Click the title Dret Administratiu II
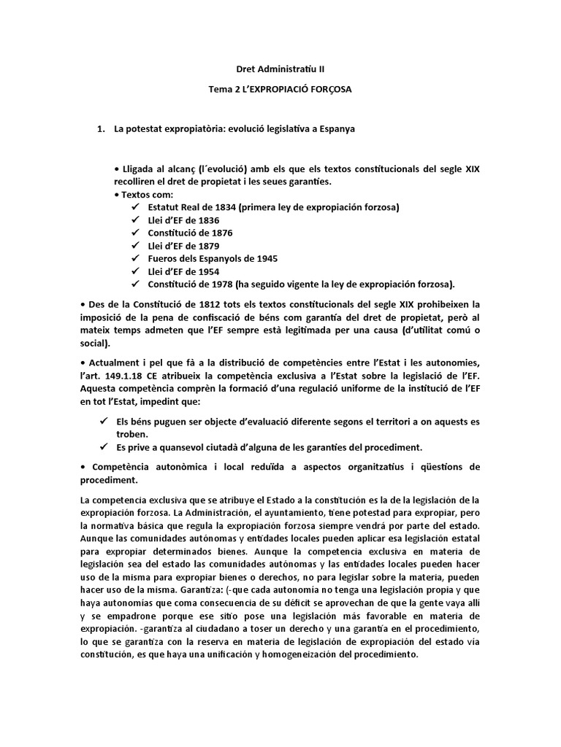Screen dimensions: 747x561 280,69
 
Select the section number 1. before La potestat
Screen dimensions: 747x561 102,129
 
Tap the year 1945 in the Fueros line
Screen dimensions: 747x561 262,258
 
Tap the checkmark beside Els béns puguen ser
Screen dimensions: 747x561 103,422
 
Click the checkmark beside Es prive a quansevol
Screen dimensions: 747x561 103,446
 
